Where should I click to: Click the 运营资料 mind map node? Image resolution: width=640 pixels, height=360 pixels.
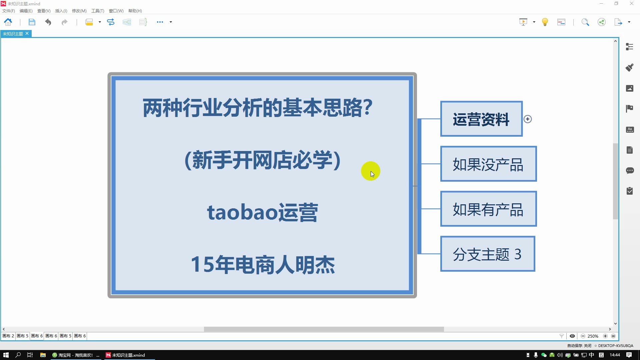(481, 119)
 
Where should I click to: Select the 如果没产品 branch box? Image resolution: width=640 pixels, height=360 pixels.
(488, 164)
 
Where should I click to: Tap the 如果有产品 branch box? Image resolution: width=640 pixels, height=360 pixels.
(488, 209)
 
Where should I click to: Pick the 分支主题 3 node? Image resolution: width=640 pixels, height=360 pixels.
(487, 254)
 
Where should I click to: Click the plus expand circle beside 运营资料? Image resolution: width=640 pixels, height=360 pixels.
(528, 119)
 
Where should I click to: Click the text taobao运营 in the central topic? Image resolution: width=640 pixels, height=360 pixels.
(262, 212)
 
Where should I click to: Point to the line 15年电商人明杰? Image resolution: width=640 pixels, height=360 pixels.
(262, 265)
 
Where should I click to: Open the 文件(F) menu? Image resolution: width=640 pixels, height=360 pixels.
(9, 11)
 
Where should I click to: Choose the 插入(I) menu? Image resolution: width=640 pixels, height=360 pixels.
(61, 11)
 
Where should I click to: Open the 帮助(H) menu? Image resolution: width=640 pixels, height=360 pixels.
(135, 11)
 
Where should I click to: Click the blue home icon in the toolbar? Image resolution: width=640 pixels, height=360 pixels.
(8, 22)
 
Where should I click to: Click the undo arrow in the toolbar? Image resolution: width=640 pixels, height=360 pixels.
(48, 22)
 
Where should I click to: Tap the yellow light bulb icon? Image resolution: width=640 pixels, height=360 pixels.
(545, 22)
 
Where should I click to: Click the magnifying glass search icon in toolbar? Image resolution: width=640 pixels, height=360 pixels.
(585, 22)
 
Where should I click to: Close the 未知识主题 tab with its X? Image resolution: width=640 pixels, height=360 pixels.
(27, 34)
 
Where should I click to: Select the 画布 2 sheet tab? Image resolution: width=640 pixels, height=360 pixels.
(8, 336)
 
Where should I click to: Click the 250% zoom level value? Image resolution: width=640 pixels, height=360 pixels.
(593, 336)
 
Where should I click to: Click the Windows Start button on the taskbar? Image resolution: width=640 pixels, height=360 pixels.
(6, 355)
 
